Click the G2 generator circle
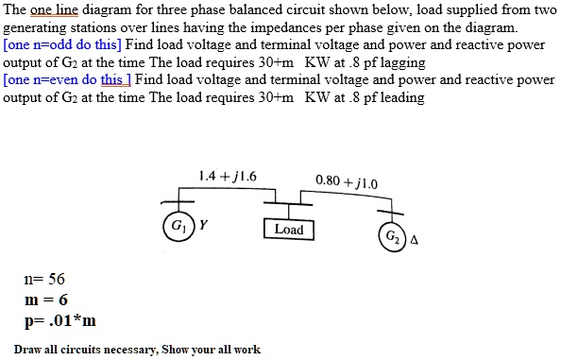point(392,235)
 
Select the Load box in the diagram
point(288,230)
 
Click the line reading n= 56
point(44,280)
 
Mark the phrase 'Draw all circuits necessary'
point(87,350)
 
